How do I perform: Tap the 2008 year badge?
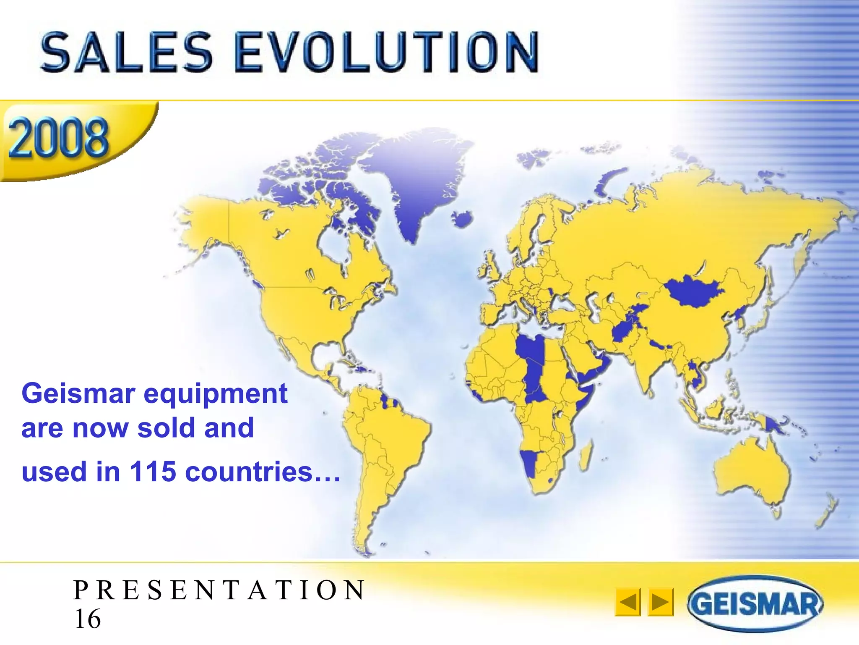[59, 138]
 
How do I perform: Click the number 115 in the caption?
[153, 472]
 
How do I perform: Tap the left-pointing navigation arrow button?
[627, 602]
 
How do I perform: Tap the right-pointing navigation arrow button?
[661, 602]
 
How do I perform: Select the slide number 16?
[88, 619]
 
